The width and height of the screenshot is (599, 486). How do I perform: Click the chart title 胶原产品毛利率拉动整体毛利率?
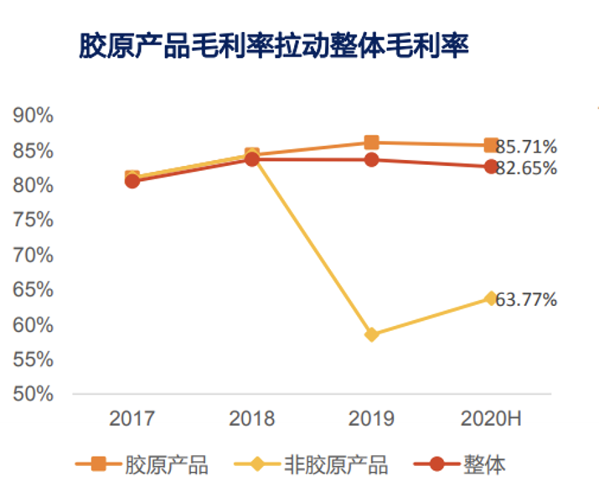point(274,44)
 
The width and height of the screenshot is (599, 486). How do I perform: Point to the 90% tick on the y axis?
point(34,116)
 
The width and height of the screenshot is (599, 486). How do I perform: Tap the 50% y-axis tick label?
point(34,393)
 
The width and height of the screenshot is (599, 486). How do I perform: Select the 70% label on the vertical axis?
point(34,255)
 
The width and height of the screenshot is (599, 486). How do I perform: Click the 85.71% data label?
point(527,146)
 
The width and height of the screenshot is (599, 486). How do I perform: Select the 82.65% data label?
point(527,168)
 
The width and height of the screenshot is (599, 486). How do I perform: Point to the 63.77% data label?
point(527,298)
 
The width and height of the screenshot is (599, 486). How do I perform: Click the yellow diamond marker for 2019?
point(372,334)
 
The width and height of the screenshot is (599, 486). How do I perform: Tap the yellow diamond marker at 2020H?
point(491,298)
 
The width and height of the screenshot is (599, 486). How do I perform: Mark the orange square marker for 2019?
point(372,142)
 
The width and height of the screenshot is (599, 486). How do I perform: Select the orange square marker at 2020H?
point(491,146)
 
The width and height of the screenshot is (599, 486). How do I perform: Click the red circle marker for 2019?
point(372,159)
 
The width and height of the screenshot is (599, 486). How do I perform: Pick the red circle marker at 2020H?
point(491,167)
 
